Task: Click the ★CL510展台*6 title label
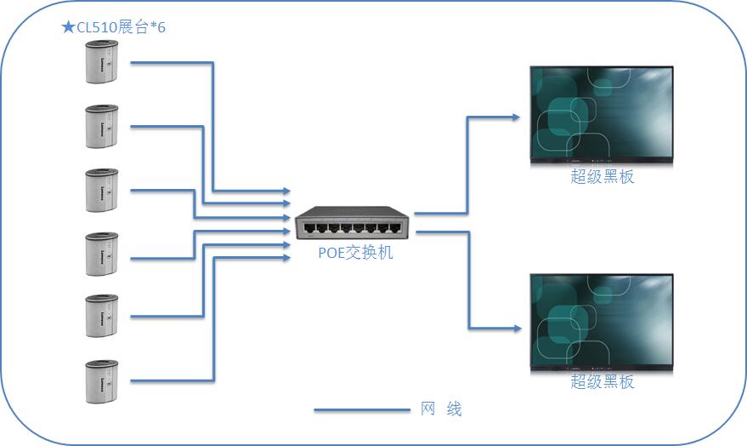coord(114,27)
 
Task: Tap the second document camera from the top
coord(102,126)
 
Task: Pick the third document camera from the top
coord(102,189)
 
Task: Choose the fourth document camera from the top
coord(102,253)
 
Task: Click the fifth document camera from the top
coord(102,316)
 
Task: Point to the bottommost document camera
coord(102,380)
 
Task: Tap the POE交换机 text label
coord(356,253)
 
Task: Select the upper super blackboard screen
coord(602,116)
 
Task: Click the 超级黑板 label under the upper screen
coord(602,177)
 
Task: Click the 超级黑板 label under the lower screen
coord(602,382)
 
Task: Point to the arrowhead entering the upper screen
coord(516,117)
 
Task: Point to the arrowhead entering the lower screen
coord(516,328)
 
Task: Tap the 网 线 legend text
coord(441,409)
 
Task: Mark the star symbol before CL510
coord(68,27)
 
